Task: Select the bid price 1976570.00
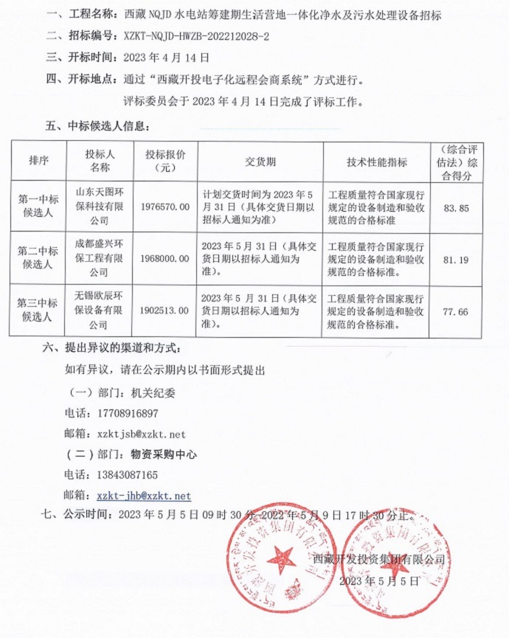pos(165,209)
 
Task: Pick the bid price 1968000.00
pos(165,258)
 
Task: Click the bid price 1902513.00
pos(165,311)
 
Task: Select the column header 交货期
pos(260,162)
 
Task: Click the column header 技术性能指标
pos(376,162)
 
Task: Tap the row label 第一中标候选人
pos(38,206)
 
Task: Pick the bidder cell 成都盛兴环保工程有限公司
pos(100,258)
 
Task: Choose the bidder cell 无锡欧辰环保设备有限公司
pos(100,310)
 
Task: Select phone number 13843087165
pos(122,474)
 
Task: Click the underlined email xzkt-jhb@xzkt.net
pos(144,496)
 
